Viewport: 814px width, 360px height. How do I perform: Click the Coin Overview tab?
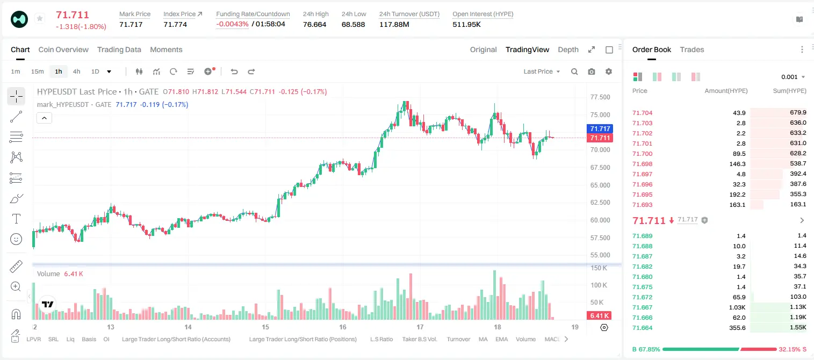click(x=63, y=49)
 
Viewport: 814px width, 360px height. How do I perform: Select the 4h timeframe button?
click(x=76, y=71)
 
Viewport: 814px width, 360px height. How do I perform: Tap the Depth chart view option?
click(x=568, y=49)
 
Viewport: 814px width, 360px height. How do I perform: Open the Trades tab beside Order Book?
click(x=692, y=49)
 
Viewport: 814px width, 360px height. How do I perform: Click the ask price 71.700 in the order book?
click(x=642, y=154)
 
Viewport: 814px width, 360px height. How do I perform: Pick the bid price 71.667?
click(x=642, y=307)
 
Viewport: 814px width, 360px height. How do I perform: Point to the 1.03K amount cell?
click(x=737, y=307)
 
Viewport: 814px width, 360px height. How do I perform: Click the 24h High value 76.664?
click(x=315, y=24)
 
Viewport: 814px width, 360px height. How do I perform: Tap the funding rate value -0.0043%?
click(x=232, y=24)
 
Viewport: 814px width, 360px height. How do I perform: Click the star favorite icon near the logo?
click(x=40, y=18)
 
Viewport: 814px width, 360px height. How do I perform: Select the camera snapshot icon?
click(x=592, y=71)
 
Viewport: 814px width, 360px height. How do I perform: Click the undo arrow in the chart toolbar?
click(x=234, y=71)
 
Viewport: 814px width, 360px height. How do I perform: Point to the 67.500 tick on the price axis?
click(x=600, y=168)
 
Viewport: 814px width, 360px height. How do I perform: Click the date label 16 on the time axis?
click(x=343, y=327)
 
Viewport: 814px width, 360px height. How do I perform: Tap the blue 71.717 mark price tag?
click(x=600, y=128)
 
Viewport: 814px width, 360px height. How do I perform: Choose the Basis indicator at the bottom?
click(x=89, y=339)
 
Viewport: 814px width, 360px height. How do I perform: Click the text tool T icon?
click(x=16, y=219)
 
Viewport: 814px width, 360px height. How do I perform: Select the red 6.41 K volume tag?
click(x=599, y=316)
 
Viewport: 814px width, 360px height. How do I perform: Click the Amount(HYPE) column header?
click(x=726, y=91)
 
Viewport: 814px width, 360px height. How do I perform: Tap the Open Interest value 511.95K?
click(x=466, y=24)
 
